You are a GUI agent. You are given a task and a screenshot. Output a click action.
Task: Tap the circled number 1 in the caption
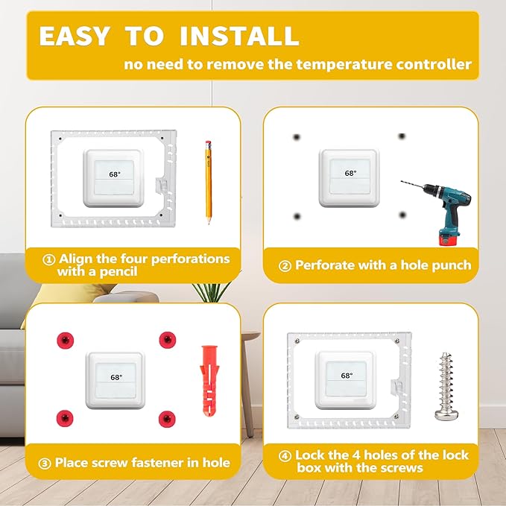pyautogui.click(x=49, y=260)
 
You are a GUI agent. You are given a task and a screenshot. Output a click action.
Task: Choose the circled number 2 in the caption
pyautogui.click(x=284, y=265)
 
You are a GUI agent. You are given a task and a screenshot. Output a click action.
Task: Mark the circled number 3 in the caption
pyautogui.click(x=45, y=463)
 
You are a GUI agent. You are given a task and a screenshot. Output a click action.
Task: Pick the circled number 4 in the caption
pyautogui.click(x=284, y=455)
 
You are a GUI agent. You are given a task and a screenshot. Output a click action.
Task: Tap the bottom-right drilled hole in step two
pyautogui.click(x=402, y=215)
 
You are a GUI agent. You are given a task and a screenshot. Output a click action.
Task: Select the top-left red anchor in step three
pyautogui.click(x=65, y=340)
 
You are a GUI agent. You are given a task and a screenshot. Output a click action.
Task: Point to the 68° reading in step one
pyautogui.click(x=114, y=175)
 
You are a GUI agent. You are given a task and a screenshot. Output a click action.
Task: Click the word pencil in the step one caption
pyautogui.click(x=118, y=272)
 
